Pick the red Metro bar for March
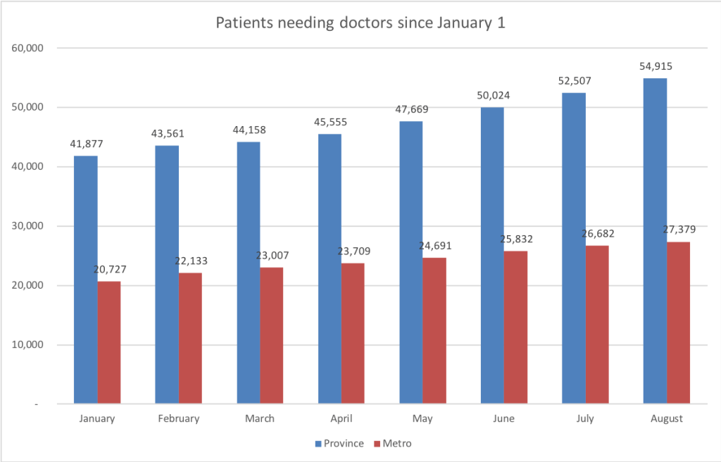tap(272, 335)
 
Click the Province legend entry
tap(340, 444)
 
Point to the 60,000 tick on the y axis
tap(27, 48)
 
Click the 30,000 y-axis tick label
tap(27, 226)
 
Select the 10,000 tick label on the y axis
tap(27, 345)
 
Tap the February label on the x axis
tap(179, 418)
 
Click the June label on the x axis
tap(504, 418)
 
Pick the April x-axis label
tap(341, 418)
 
